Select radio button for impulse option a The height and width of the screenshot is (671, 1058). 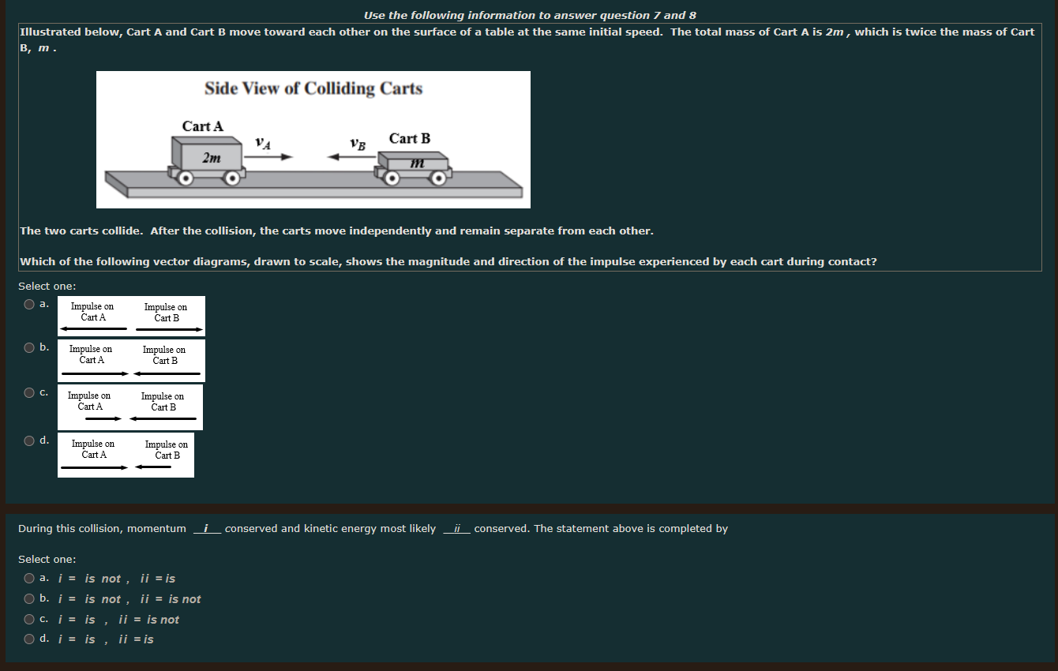click(x=29, y=304)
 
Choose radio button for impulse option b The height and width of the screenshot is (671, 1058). click(x=29, y=347)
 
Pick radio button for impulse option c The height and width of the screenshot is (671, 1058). click(x=29, y=392)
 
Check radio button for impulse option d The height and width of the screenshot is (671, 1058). click(x=29, y=440)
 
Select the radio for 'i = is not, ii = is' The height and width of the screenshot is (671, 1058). click(x=29, y=579)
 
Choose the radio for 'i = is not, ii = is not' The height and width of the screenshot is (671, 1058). click(x=29, y=599)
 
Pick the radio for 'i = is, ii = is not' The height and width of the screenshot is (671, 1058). click(x=29, y=620)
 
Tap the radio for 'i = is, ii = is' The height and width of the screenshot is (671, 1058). click(x=29, y=639)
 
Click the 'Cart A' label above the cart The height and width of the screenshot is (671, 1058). click(x=203, y=126)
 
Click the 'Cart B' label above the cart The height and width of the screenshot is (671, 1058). click(x=410, y=139)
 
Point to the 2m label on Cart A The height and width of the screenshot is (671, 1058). click(x=212, y=158)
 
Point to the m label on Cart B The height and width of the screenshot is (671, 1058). click(x=418, y=163)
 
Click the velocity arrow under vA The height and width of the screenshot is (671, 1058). click(x=268, y=157)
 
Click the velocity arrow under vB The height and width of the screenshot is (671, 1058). click(x=352, y=157)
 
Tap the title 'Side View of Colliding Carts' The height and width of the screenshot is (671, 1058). click(x=313, y=88)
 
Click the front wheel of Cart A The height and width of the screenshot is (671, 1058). click(x=232, y=178)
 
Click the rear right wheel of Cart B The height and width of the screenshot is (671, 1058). click(x=440, y=178)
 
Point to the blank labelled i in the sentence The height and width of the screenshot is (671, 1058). click(x=206, y=529)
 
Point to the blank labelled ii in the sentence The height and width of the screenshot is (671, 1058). click(x=457, y=529)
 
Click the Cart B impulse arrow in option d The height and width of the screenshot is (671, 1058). click(x=153, y=467)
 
